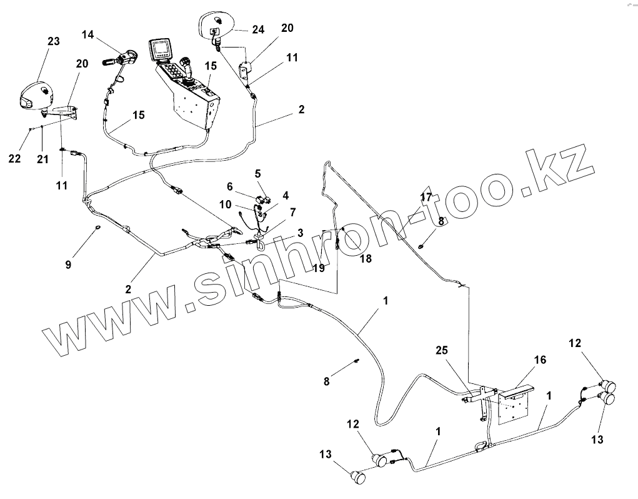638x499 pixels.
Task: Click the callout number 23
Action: click(x=53, y=41)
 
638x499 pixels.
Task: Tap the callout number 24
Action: click(x=259, y=29)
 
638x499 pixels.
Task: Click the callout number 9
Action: click(x=68, y=265)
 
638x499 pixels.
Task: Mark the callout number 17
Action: click(x=426, y=197)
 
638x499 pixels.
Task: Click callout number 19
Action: click(x=320, y=268)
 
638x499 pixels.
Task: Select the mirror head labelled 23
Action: click(x=37, y=96)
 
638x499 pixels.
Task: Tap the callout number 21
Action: click(x=42, y=159)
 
